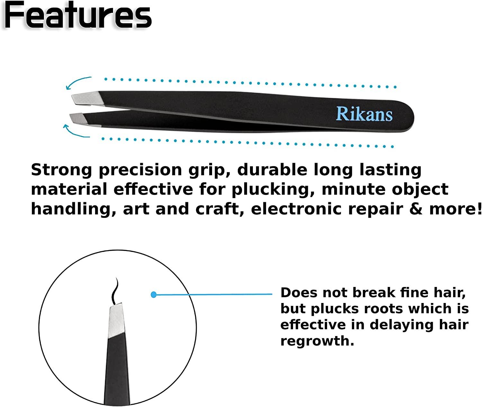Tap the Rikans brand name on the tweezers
pos(364,114)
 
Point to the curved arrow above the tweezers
pos(78,82)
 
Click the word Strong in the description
pos(61,169)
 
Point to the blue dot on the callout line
pos(154,294)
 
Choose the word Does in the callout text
pos(298,293)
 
